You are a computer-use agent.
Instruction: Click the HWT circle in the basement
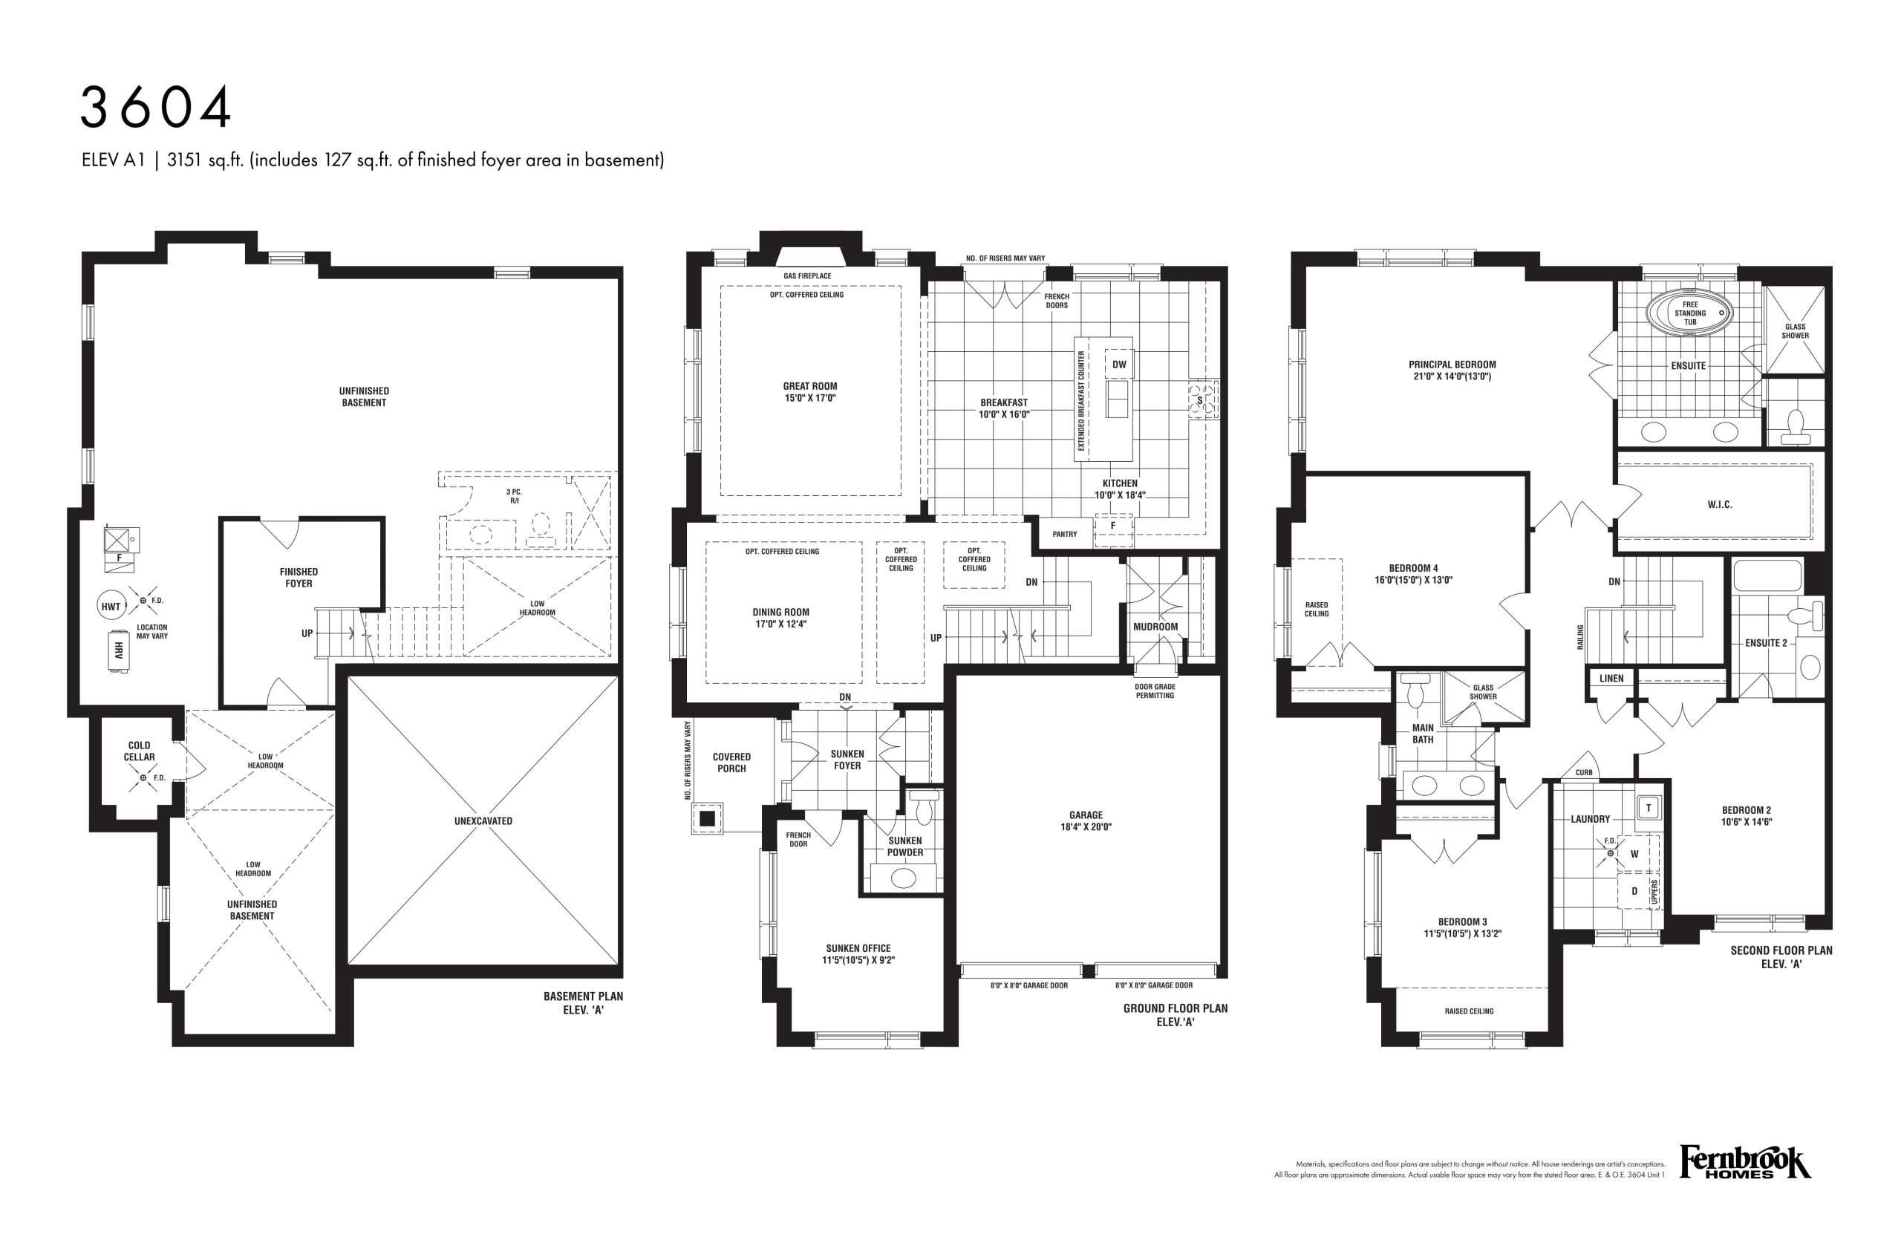pos(111,607)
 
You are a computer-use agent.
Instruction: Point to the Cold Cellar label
pos(139,751)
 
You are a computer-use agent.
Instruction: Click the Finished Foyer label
pos(299,577)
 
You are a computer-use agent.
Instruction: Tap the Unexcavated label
pos(483,820)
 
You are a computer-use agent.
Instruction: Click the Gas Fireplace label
pos(806,276)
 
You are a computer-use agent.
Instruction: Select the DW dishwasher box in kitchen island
pos(1119,364)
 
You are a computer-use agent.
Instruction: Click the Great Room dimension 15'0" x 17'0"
pos(810,398)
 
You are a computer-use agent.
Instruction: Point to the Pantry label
pos(1065,534)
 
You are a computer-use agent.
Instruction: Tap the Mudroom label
pos(1155,627)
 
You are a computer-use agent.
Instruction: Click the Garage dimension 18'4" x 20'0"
pos(1086,827)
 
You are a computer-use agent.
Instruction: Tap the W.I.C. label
pos(1720,505)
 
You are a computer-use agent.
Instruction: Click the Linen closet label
pos(1611,679)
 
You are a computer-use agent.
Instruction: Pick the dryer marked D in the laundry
pos(1634,891)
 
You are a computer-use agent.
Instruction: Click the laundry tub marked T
pos(1648,808)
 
